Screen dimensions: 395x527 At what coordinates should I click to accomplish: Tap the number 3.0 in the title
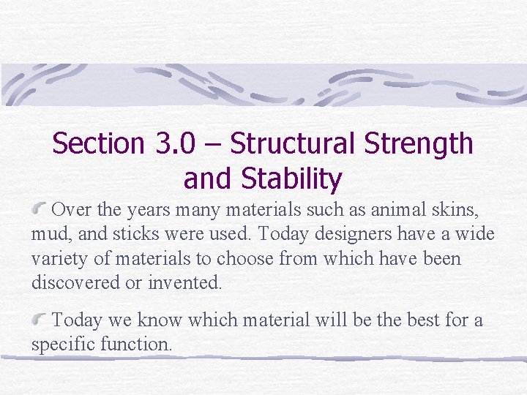pyautogui.click(x=176, y=143)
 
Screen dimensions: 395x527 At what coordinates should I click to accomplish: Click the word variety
pyautogui.click(x=56, y=259)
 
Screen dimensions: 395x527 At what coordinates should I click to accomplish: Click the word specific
pyautogui.click(x=61, y=344)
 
